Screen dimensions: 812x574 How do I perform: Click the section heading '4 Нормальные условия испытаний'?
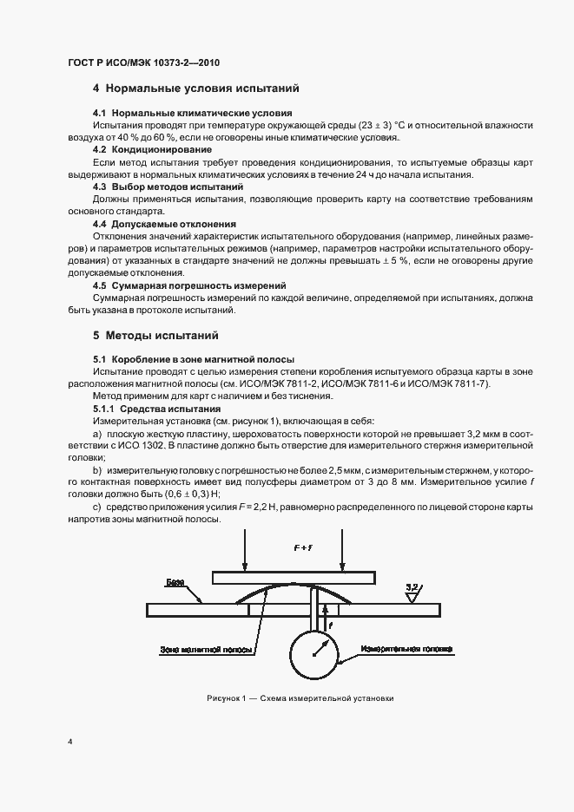coord(195,88)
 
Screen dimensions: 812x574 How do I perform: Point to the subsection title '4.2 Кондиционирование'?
coord(152,149)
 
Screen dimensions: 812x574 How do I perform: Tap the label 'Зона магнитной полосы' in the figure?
coord(206,649)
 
